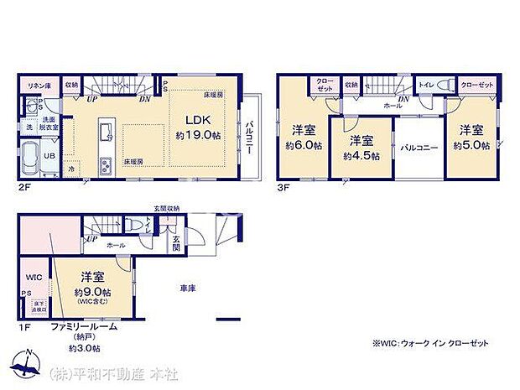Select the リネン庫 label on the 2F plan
click(35, 85)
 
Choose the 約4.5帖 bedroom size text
click(361, 155)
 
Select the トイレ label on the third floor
click(425, 85)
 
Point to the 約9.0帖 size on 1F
click(92, 292)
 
